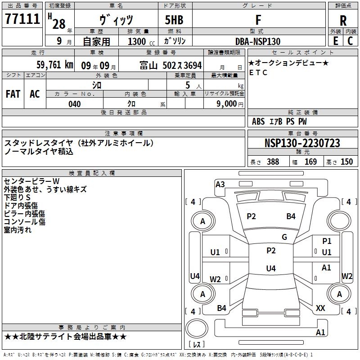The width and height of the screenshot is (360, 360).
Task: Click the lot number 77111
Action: (x=22, y=18)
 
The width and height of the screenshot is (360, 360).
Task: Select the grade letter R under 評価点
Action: (x=343, y=21)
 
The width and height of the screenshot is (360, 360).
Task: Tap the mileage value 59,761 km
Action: (x=55, y=64)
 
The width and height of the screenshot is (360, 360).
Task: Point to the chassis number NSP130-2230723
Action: (x=302, y=143)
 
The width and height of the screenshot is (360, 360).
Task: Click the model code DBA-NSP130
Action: (x=258, y=41)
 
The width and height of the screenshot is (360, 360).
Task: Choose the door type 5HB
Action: (x=174, y=20)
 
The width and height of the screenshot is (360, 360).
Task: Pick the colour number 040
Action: (x=75, y=104)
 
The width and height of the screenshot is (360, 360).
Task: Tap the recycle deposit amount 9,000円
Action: (x=230, y=104)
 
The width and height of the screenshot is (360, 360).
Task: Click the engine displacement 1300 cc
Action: (x=141, y=41)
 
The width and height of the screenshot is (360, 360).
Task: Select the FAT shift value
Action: (x=13, y=94)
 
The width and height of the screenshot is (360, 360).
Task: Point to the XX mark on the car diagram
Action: (x=320, y=308)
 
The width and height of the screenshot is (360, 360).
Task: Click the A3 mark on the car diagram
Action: (x=220, y=184)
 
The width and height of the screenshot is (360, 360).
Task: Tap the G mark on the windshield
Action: (x=284, y=237)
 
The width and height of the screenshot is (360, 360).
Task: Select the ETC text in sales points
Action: (x=258, y=72)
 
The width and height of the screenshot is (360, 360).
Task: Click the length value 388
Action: (x=273, y=162)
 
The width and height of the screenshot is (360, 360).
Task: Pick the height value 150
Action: (x=346, y=162)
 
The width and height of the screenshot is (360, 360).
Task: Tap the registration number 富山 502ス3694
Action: (x=171, y=65)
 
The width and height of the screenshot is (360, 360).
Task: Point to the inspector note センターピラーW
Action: (x=31, y=181)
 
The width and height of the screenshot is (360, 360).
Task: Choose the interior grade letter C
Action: (x=350, y=41)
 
